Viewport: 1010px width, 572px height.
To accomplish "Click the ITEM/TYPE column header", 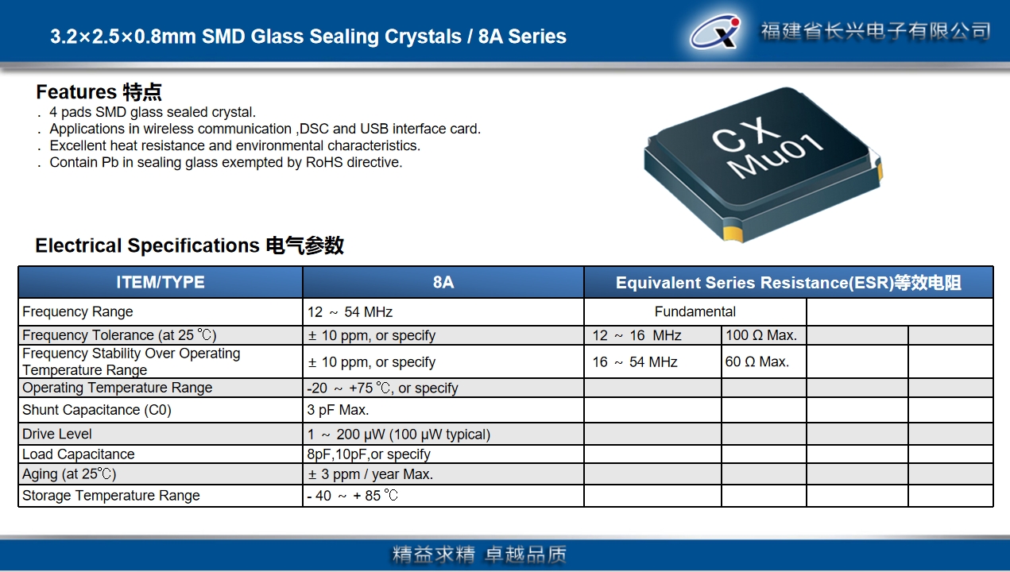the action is coord(160,282).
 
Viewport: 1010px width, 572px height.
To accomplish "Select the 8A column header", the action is coord(443,282).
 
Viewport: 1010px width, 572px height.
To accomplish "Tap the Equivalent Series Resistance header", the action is coord(788,283).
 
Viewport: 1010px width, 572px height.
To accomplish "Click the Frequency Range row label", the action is coord(78,311).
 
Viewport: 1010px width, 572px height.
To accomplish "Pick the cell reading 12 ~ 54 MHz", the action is coord(350,312).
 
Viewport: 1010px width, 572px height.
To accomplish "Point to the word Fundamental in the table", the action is coord(695,311).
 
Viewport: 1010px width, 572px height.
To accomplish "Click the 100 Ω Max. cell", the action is coord(761,335).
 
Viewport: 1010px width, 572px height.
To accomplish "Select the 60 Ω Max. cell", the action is coord(757,361).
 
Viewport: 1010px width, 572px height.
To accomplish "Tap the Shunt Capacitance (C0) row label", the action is coord(97,410).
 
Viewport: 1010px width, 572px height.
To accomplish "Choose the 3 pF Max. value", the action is coord(339,410).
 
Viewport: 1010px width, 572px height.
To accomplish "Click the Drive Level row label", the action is coord(56,434).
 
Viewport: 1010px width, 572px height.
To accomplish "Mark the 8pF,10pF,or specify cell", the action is coord(369,454).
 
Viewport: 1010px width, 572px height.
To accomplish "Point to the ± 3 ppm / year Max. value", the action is coord(370,474).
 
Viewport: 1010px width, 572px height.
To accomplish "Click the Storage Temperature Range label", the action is coord(111,496).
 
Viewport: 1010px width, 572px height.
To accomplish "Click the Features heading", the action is coord(99,92).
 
